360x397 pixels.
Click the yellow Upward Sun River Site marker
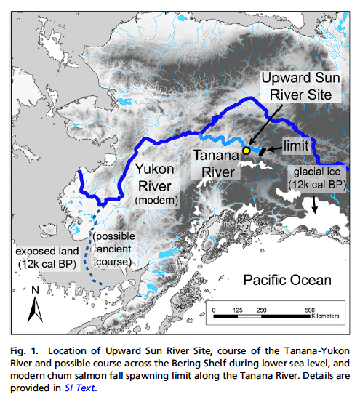pos(246,151)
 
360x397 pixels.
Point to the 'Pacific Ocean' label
pos(286,280)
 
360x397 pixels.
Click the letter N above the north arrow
pos(33,290)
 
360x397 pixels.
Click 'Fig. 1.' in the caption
pos(25,342)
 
